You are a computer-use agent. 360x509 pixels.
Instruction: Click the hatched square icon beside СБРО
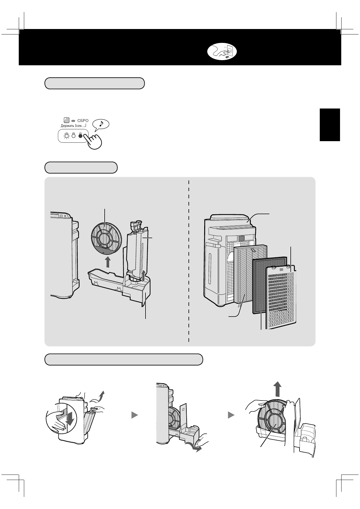[67, 120]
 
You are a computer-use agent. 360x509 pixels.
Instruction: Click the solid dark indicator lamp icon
[80, 136]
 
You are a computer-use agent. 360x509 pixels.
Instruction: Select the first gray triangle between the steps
[134, 416]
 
